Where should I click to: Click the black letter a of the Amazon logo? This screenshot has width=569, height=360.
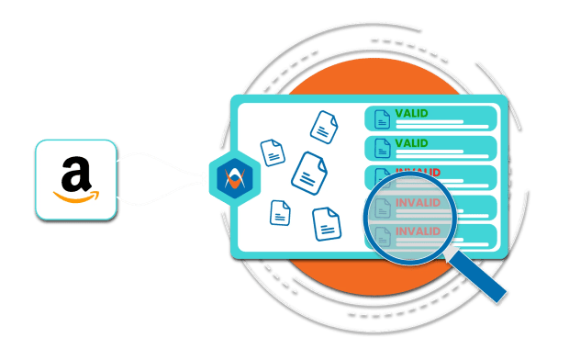click(76, 174)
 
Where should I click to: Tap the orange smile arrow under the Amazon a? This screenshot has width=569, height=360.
click(76, 197)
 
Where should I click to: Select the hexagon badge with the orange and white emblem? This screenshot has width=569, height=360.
click(235, 178)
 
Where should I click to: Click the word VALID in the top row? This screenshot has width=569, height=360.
click(411, 113)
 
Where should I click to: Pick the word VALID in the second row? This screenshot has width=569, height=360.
click(411, 143)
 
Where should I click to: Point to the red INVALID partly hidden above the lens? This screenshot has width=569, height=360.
click(418, 172)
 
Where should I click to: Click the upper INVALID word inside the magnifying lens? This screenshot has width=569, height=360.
click(418, 202)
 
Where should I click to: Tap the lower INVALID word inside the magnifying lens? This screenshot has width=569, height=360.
click(418, 231)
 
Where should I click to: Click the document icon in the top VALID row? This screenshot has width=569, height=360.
click(382, 119)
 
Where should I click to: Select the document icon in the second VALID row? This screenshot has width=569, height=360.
click(382, 148)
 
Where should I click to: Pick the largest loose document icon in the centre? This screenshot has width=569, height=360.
click(309, 174)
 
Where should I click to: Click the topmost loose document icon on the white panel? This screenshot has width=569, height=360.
click(324, 127)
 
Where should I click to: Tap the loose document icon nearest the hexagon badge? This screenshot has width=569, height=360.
click(273, 152)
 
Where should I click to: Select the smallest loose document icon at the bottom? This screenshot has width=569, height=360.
click(280, 213)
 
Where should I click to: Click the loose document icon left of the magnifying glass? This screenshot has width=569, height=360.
click(327, 224)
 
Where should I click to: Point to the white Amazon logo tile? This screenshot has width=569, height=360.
click(76, 180)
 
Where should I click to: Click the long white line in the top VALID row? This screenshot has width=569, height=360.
click(442, 127)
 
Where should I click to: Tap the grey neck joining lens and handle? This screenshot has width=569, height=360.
click(450, 251)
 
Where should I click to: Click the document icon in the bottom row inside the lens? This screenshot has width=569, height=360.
click(383, 237)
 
